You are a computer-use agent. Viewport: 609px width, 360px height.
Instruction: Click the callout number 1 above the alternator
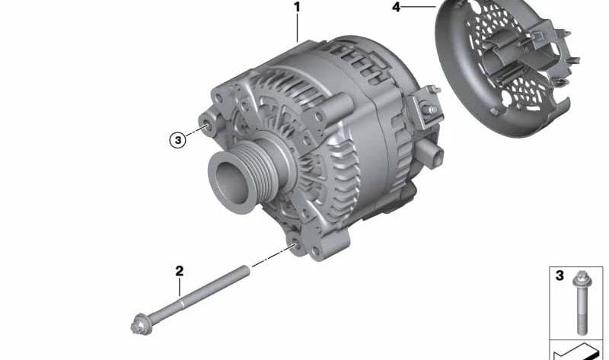point(297,8)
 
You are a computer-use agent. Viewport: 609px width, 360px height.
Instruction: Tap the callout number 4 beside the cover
point(396,7)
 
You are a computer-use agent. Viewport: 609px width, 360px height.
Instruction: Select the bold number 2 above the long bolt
point(179,271)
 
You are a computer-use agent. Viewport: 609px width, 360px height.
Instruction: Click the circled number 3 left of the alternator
point(178,140)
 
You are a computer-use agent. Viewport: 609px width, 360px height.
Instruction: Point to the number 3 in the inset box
point(560,276)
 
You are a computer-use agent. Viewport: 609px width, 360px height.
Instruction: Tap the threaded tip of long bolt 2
point(244,270)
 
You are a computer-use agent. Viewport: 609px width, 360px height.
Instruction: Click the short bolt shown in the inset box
point(581,302)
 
